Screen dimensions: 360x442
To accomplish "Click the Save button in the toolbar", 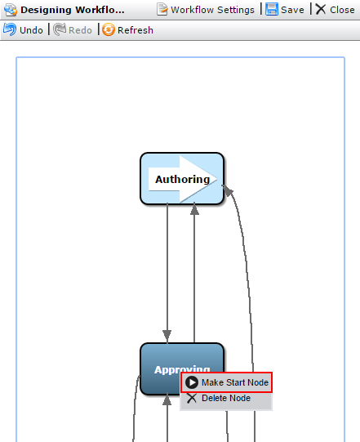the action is (x=285, y=10).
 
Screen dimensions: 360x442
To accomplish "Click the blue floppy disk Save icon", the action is (x=272, y=10).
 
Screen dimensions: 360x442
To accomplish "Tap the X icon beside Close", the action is (x=321, y=9).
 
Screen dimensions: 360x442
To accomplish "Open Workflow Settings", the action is (x=206, y=10).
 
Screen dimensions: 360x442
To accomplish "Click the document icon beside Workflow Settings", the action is (x=162, y=10).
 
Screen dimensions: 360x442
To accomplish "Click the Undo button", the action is (x=23, y=29).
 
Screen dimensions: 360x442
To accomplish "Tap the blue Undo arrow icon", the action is (x=10, y=29).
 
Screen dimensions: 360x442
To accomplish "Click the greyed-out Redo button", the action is (x=73, y=29).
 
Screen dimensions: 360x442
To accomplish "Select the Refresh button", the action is (x=127, y=29).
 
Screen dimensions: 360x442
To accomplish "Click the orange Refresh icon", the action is (x=109, y=29).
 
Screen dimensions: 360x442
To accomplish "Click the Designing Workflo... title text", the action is (x=73, y=10).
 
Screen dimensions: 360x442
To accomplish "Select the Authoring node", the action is (x=182, y=178).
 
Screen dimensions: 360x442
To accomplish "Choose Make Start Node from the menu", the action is (x=226, y=382).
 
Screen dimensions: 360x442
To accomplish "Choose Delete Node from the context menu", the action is (x=226, y=398).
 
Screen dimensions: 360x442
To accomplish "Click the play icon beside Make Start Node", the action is (x=192, y=382).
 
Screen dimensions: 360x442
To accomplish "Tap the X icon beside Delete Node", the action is (x=192, y=398).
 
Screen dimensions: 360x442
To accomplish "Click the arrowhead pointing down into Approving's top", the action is (x=167, y=336).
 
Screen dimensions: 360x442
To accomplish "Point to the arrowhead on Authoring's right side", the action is (x=228, y=190).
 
